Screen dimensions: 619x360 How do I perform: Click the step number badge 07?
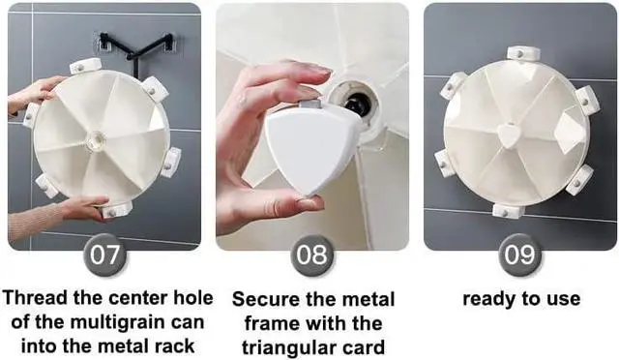coord(104,255)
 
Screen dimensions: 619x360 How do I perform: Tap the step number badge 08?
coord(311,255)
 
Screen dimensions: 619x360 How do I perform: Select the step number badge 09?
coord(519,255)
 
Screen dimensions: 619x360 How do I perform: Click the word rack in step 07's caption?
coord(174,346)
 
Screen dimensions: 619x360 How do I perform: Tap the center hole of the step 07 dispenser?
coord(96,139)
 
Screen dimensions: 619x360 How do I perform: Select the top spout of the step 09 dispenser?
coord(522,53)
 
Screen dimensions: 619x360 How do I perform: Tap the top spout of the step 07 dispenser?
coord(86,66)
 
